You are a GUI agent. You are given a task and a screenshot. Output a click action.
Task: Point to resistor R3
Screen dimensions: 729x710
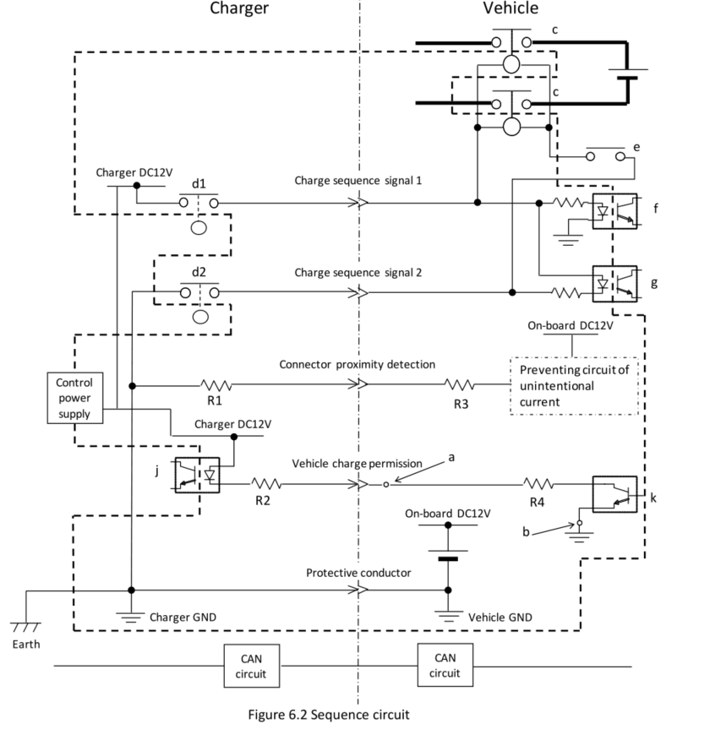pyautogui.click(x=461, y=384)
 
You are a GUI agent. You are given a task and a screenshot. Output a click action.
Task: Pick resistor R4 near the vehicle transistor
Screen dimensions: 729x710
pyautogui.click(x=538, y=485)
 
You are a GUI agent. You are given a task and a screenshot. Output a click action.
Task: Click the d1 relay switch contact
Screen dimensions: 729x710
pyautogui.click(x=199, y=203)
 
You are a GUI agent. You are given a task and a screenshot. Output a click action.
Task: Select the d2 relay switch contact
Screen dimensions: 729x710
pyautogui.click(x=199, y=292)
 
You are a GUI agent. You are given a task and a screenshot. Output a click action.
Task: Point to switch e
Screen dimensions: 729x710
pyautogui.click(x=607, y=156)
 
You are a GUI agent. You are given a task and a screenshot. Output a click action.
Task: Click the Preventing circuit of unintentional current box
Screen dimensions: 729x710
pyautogui.click(x=573, y=385)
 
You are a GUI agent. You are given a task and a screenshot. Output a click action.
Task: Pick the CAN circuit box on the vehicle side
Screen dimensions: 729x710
pyautogui.click(x=445, y=665)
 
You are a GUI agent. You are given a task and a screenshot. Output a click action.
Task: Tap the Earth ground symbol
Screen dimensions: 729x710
pyautogui.click(x=25, y=628)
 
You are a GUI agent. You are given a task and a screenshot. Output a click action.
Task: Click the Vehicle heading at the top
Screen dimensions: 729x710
pyautogui.click(x=510, y=8)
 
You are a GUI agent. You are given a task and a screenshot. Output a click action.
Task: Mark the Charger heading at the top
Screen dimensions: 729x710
pyautogui.click(x=238, y=8)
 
